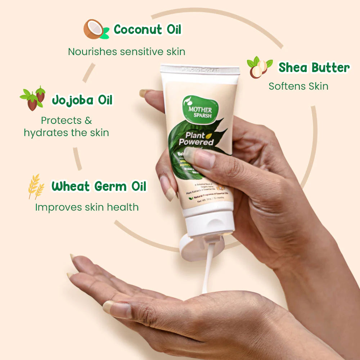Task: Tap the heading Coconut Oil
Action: click(x=148, y=30)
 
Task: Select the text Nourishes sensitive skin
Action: click(x=127, y=51)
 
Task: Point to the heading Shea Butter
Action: click(x=314, y=68)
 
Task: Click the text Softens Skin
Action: click(x=298, y=86)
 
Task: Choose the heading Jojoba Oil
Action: click(x=82, y=100)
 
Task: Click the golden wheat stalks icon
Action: click(x=36, y=186)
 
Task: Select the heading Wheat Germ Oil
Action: click(x=99, y=186)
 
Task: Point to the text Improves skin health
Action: click(x=87, y=207)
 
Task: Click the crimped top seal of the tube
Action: click(x=200, y=69)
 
